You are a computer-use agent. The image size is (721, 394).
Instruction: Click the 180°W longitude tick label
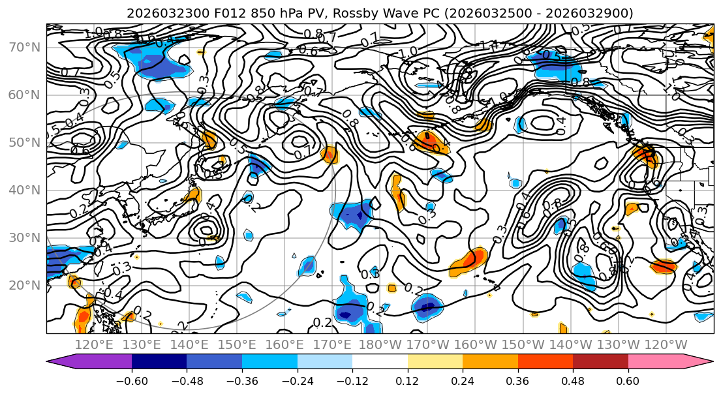(380, 345)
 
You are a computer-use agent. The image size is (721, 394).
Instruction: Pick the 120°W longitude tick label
(666, 345)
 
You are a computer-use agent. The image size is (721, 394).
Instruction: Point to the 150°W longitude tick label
(523, 345)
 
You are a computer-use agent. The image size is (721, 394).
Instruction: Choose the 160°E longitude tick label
(284, 345)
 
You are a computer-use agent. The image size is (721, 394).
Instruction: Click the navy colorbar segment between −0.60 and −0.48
(159, 362)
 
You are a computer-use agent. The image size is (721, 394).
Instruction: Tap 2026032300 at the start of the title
(160, 13)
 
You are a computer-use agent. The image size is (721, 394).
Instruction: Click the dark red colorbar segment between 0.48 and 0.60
(600, 362)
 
